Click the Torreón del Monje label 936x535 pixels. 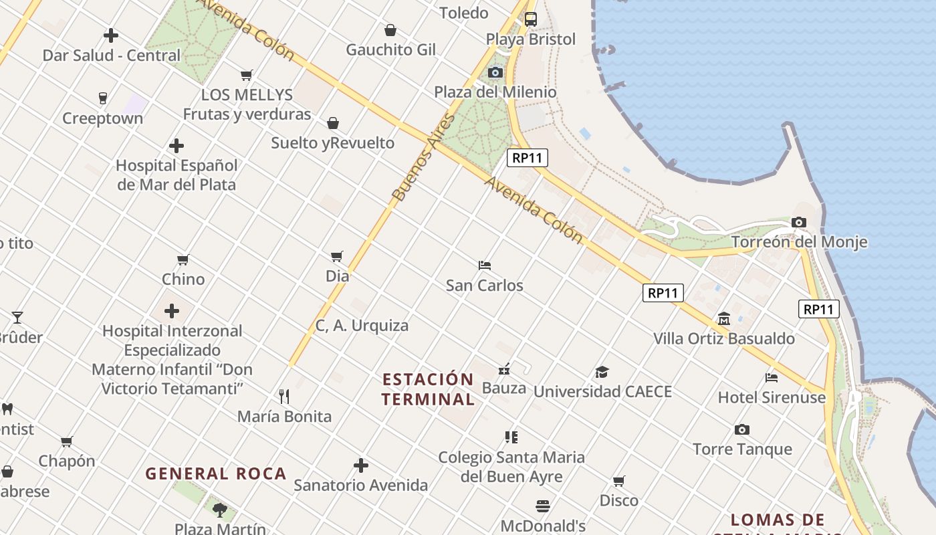point(799,241)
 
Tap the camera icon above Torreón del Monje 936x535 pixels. point(798,223)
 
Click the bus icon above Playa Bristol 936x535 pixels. point(530,19)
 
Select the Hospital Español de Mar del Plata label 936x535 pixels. point(177,175)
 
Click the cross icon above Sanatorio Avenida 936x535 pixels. point(361,465)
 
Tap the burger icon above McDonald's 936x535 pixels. point(543,506)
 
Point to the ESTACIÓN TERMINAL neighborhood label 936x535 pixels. point(428,389)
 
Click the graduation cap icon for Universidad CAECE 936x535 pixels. point(602,372)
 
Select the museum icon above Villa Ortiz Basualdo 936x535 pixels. point(724,319)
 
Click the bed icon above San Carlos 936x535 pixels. point(485,265)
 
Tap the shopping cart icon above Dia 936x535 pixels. point(337,256)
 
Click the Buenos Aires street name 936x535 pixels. point(423,158)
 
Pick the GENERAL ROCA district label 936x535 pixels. point(216,473)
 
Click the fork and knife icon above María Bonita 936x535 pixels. point(284,397)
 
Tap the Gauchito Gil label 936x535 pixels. point(390,49)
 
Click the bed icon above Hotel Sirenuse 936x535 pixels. point(772,378)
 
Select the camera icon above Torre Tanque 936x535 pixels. point(741,430)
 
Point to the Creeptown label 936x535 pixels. point(102,118)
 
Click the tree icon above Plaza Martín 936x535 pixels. point(219,510)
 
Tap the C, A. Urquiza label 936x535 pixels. point(362,326)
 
